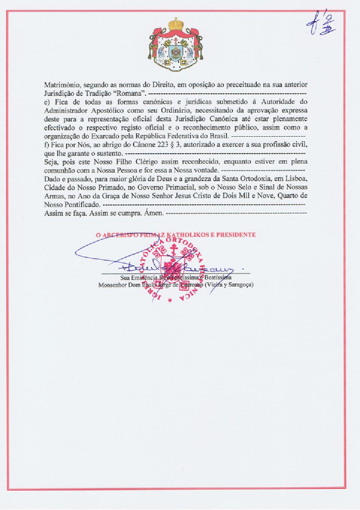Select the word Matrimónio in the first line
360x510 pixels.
[x=61, y=85]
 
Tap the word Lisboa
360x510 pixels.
[x=297, y=179]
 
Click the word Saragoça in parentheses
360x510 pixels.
[x=240, y=285]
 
